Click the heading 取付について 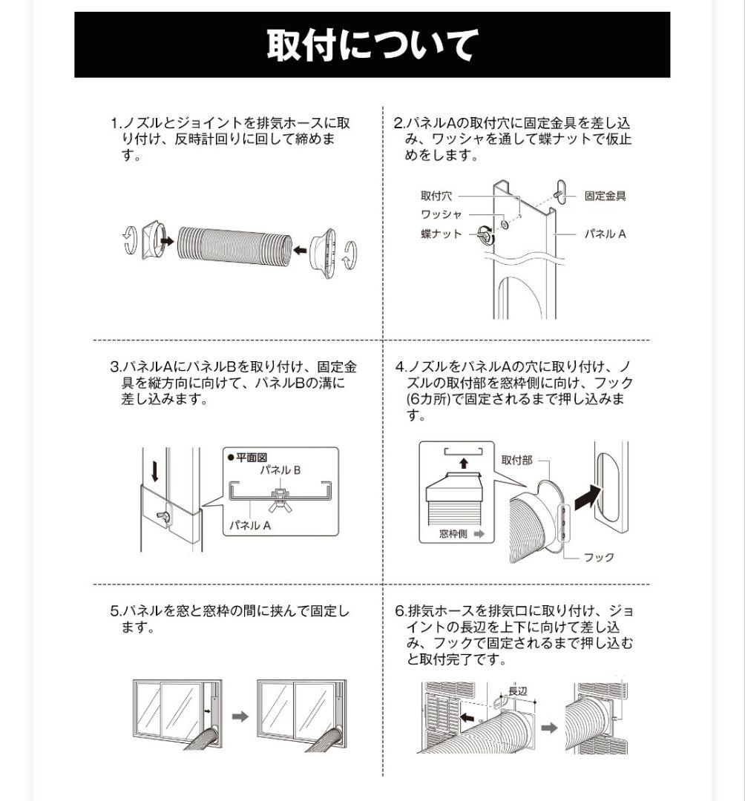(372, 45)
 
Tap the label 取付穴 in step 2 (436, 196)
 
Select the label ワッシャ (441, 214)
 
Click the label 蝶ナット (441, 234)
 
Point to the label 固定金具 (605, 196)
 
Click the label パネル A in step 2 (605, 234)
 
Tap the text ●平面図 (246, 458)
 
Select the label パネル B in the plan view (280, 470)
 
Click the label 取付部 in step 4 (516, 461)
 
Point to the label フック (599, 557)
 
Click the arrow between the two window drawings (240, 716)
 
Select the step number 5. (115, 611)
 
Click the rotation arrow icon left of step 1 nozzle (129, 239)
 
